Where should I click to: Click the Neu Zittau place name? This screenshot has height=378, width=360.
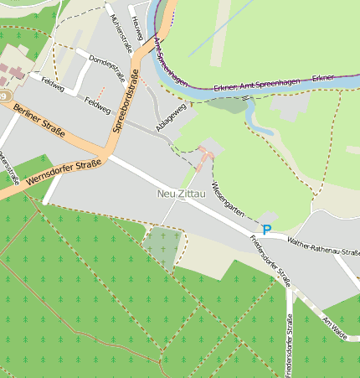[181, 194]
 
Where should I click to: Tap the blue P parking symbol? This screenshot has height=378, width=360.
[267, 229]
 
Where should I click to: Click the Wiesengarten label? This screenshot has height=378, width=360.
[227, 199]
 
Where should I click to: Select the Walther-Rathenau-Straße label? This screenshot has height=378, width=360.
[322, 246]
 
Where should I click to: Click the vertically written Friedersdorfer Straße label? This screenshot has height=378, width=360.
[290, 344]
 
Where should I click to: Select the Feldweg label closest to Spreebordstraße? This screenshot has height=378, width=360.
[98, 105]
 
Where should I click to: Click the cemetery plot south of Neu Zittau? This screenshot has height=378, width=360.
[162, 248]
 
